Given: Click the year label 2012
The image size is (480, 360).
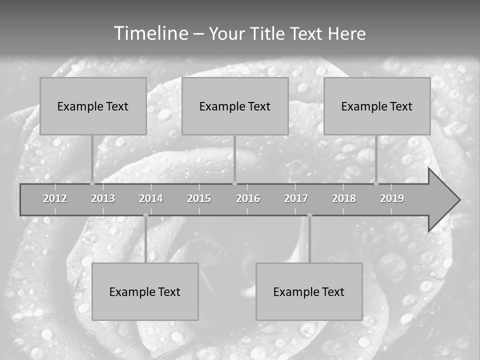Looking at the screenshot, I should click(x=55, y=198).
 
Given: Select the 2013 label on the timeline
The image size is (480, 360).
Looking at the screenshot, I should click(x=103, y=198).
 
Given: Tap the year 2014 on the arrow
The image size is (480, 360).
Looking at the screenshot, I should click(x=151, y=198).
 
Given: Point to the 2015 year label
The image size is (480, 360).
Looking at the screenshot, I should click(x=199, y=198).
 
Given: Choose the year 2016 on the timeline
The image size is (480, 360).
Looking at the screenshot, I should click(x=248, y=198).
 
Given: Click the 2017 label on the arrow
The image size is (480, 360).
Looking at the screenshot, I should click(x=296, y=198).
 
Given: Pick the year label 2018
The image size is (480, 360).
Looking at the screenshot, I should click(x=344, y=198).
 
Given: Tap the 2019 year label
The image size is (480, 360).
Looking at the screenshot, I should click(x=392, y=198).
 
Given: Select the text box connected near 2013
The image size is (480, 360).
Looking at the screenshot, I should click(x=93, y=106).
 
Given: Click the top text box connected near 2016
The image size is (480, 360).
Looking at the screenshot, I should click(x=235, y=106).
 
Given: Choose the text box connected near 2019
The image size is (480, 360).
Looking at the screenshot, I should click(x=377, y=106).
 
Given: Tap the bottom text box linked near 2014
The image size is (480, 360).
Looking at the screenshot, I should click(x=145, y=291).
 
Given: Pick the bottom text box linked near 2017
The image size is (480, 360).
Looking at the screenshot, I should click(x=309, y=291).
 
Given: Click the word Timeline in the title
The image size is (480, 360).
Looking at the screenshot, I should click(x=150, y=33).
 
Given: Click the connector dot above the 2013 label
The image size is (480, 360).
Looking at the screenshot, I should click(x=92, y=183).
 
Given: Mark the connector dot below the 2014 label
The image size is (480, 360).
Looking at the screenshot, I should click(x=145, y=215).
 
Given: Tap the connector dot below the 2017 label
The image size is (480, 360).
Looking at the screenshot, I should click(x=309, y=215).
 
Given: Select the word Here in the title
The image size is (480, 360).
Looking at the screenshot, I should click(x=346, y=33).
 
